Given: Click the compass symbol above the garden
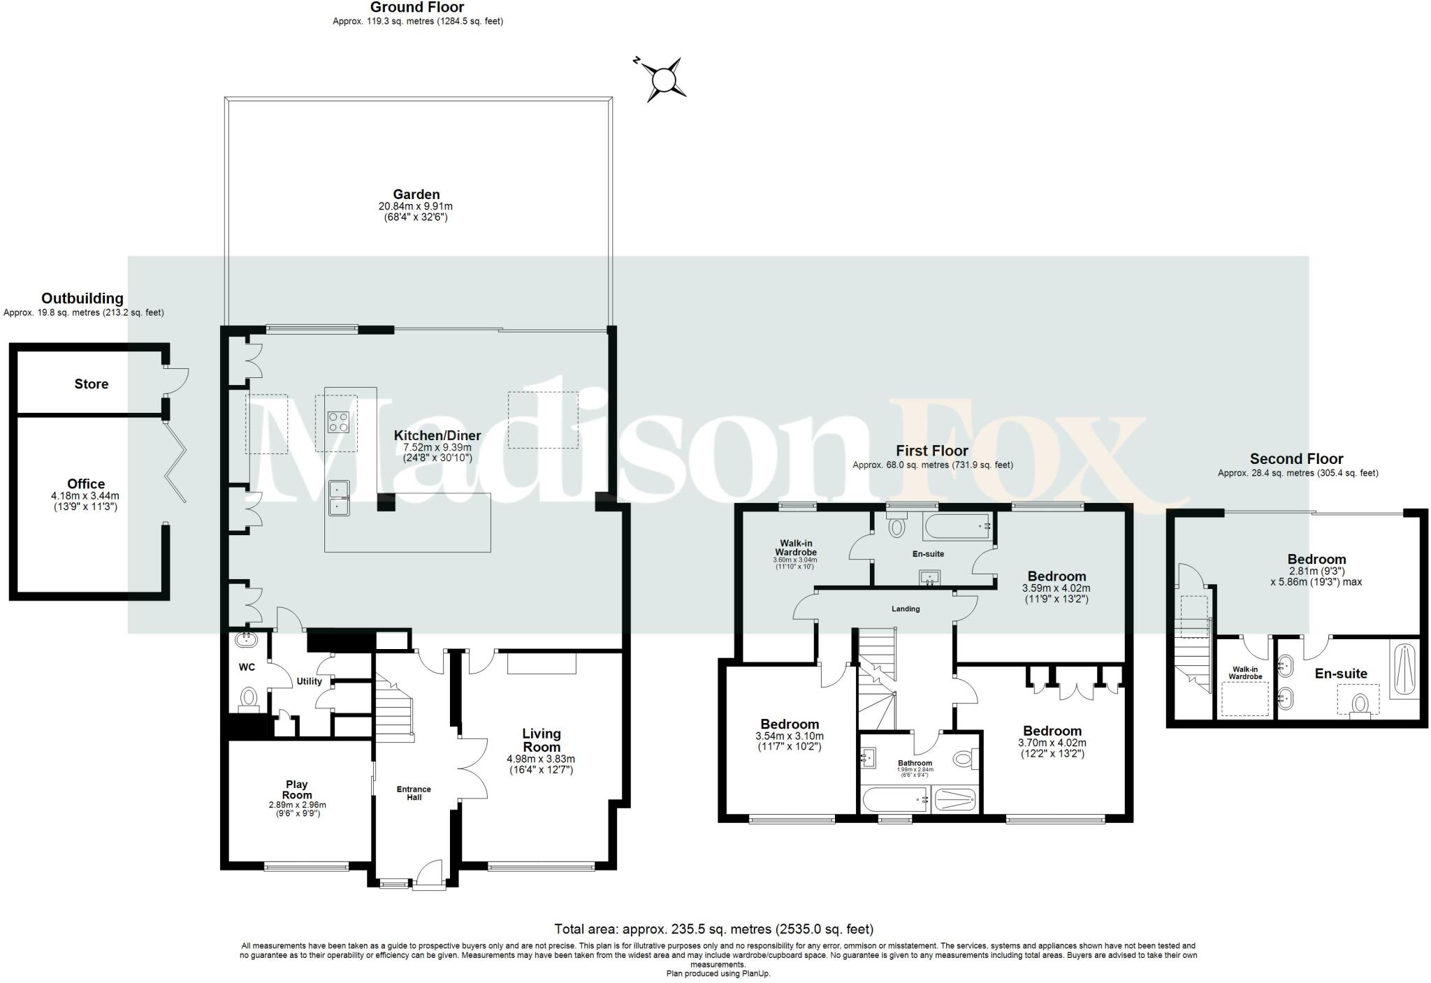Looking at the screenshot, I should pyautogui.click(x=660, y=80).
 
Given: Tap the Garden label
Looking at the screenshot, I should pyautogui.click(x=416, y=195).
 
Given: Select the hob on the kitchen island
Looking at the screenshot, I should pyautogui.click(x=339, y=422).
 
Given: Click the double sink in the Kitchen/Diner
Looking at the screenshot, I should pyautogui.click(x=339, y=497).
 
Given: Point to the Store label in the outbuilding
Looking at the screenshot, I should pyautogui.click(x=92, y=384).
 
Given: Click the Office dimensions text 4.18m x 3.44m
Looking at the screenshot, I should pyautogui.click(x=85, y=496).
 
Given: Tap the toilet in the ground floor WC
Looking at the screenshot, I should pyautogui.click(x=248, y=698).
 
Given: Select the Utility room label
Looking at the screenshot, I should pyautogui.click(x=310, y=681).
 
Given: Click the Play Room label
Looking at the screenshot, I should pyautogui.click(x=297, y=789).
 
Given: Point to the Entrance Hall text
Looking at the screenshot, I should pyautogui.click(x=414, y=793).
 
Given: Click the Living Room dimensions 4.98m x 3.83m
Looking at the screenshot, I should pyautogui.click(x=541, y=759).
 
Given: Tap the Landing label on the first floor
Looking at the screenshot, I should pyautogui.click(x=906, y=609).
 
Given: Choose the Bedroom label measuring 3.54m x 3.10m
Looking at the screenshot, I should pyautogui.click(x=790, y=724).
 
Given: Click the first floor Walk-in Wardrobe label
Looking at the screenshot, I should pyautogui.click(x=795, y=548).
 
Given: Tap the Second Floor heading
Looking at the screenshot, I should pyautogui.click(x=1296, y=459).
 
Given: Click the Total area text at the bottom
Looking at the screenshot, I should pyautogui.click(x=713, y=929).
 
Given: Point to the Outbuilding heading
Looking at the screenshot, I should pyautogui.click(x=82, y=299).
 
